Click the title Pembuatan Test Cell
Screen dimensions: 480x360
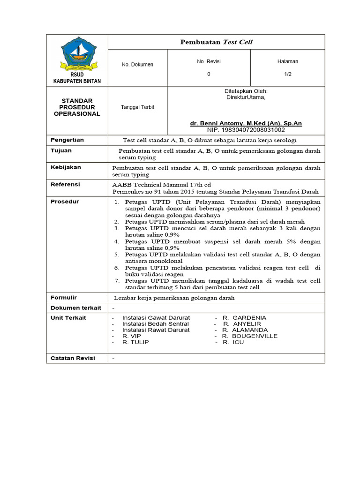(216, 42)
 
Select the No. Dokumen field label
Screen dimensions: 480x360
(137, 65)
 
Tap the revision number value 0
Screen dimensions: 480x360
(209, 74)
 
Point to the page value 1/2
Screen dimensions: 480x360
(287, 74)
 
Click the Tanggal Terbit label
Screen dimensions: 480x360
(137, 107)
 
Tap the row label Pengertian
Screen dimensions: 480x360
(67, 140)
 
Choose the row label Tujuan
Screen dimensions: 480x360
(61, 151)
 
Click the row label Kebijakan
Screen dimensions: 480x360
(66, 167)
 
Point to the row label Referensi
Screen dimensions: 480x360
(65, 185)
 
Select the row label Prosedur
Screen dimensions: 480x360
(65, 202)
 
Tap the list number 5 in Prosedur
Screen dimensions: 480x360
(117, 255)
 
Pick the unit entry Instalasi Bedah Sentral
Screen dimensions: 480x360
(155, 324)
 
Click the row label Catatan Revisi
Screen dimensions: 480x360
(73, 358)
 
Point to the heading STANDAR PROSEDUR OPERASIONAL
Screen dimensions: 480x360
(77, 107)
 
